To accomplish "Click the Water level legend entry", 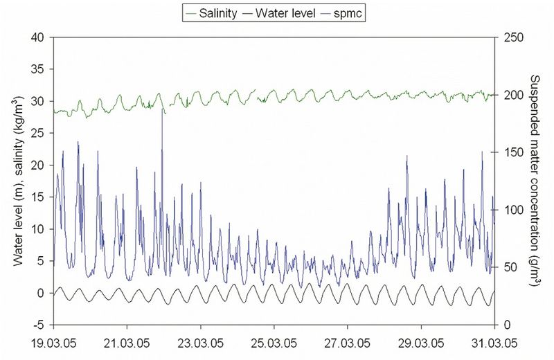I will click(284, 12).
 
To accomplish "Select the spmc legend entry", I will click(348, 12).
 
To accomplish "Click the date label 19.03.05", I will click(54, 341).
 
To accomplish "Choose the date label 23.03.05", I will click(201, 341).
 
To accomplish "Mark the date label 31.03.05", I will click(493, 341).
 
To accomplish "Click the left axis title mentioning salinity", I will click(18, 181).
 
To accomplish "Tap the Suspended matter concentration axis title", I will click(535, 181).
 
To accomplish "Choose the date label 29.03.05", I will click(420, 341).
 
